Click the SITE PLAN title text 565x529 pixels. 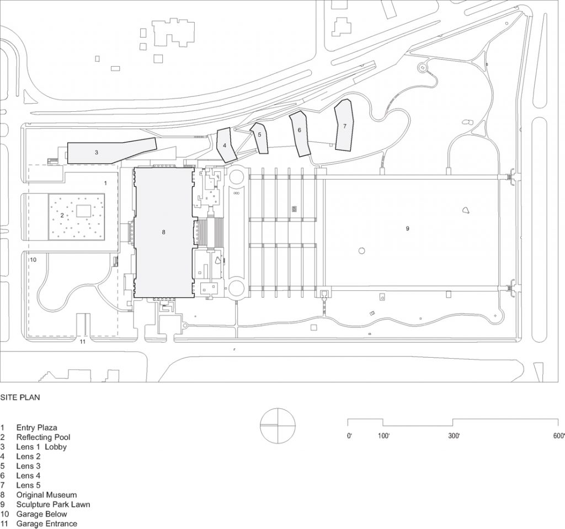coord(20,397)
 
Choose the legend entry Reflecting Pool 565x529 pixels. coord(43,437)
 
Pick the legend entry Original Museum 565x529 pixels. coord(46,495)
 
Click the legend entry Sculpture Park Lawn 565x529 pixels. coord(53,504)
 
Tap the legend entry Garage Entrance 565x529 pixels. coord(46,523)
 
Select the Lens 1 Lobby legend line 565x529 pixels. coord(41,446)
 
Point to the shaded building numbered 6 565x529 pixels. coord(300,132)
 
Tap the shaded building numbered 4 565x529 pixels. coord(226,145)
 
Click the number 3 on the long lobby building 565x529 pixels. coord(96,152)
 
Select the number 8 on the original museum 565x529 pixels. coord(163,233)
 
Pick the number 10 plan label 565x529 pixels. coord(33,259)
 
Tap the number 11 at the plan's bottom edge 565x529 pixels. coord(83,342)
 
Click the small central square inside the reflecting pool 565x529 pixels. coord(84,210)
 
